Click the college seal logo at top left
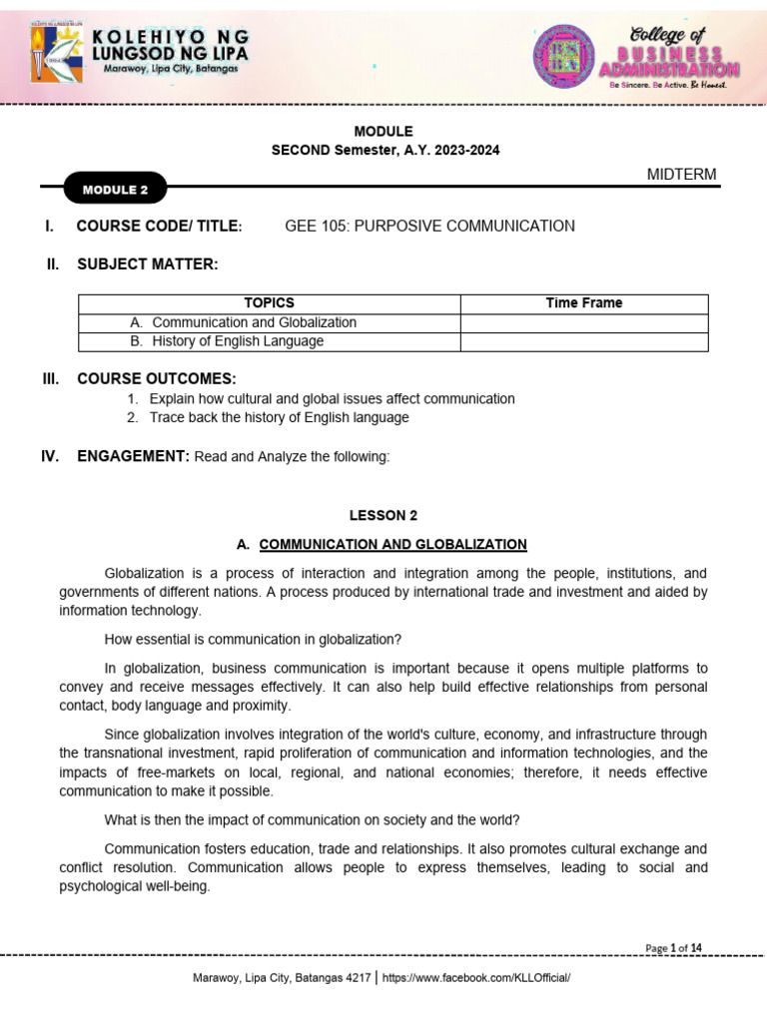[57, 53]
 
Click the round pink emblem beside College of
[564, 56]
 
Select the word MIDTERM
[681, 175]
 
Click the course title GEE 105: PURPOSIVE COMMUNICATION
[429, 226]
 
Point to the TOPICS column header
[269, 303]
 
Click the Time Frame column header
[583, 303]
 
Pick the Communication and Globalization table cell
[254, 322]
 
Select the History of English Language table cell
[238, 341]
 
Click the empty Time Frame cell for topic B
[583, 341]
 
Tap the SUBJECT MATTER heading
[147, 263]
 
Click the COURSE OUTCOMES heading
[156, 378]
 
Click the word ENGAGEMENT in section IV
[133, 456]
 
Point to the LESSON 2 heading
[383, 516]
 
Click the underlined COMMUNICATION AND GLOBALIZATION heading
[392, 544]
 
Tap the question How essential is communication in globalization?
[253, 639]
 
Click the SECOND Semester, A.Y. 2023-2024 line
[385, 150]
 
